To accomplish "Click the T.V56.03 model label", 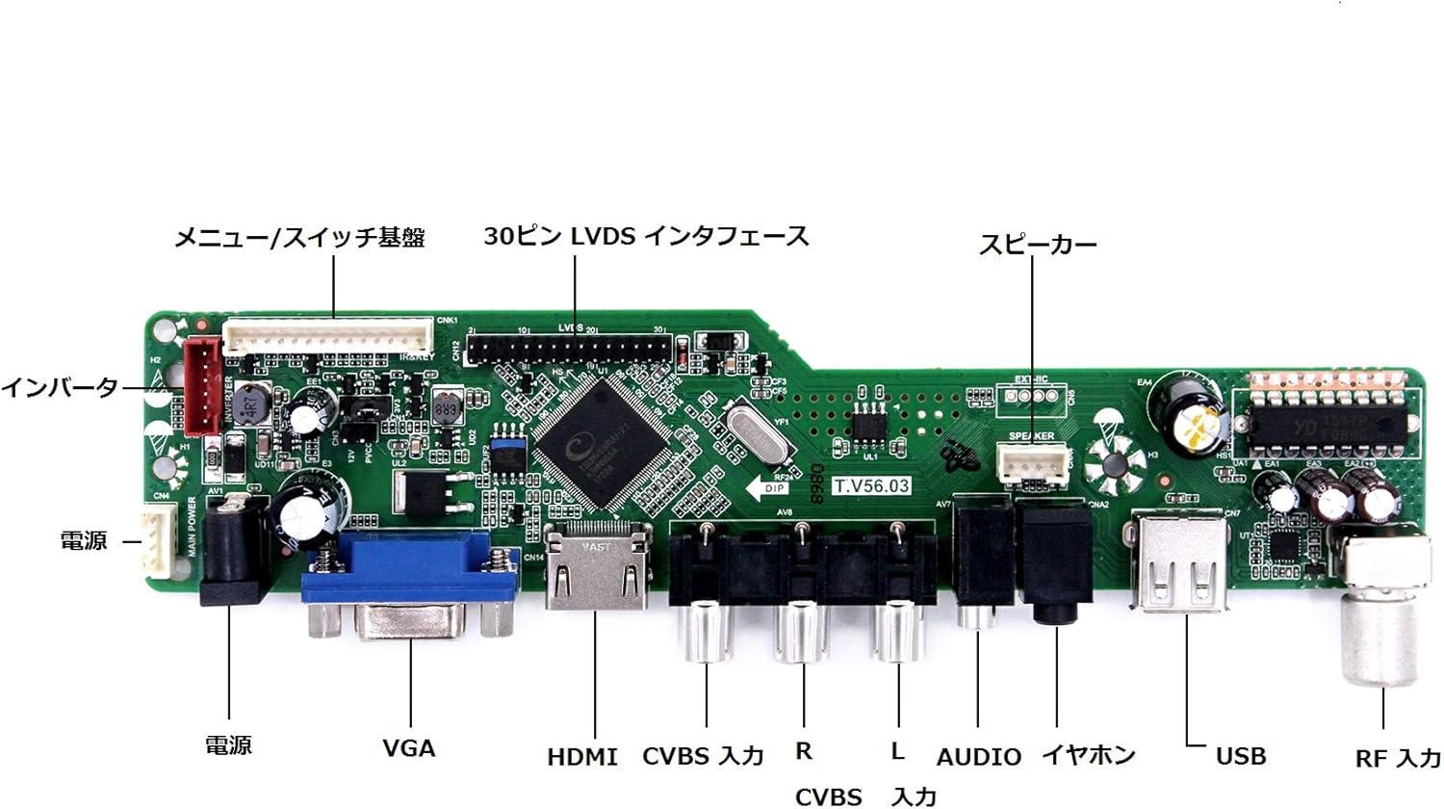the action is [871, 486].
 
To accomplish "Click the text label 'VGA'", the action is [409, 748].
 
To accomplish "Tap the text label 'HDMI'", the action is [582, 758].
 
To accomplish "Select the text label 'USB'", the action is [1241, 757].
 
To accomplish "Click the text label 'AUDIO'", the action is [979, 758].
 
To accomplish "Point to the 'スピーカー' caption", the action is [1038, 245].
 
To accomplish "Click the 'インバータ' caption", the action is [60, 388].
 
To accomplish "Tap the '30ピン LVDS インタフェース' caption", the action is [646, 237].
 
